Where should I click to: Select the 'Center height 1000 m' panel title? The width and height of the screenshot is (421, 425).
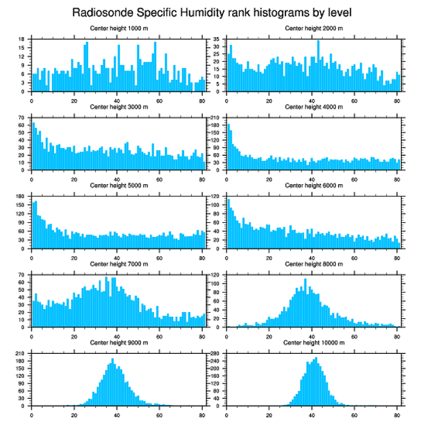[x=119, y=28]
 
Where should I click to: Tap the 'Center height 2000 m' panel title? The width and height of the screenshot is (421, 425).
[x=314, y=28]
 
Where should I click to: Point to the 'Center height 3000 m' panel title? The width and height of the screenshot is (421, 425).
[x=119, y=107]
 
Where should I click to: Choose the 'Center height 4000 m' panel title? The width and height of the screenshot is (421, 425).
[x=314, y=107]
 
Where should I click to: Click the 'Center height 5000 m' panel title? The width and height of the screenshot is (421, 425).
[x=119, y=186]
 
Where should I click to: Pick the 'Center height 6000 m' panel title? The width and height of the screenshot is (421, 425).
[x=314, y=186]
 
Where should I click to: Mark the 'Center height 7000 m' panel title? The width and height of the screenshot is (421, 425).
[x=119, y=264]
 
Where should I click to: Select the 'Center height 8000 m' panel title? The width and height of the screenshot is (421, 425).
[x=314, y=264]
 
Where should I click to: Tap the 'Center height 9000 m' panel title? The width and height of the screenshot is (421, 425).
[x=119, y=342]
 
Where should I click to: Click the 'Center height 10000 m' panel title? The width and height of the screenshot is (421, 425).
[x=314, y=342]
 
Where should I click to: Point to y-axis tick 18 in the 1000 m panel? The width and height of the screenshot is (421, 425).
[x=22, y=39]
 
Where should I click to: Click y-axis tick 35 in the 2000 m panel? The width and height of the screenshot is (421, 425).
[x=217, y=39]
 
